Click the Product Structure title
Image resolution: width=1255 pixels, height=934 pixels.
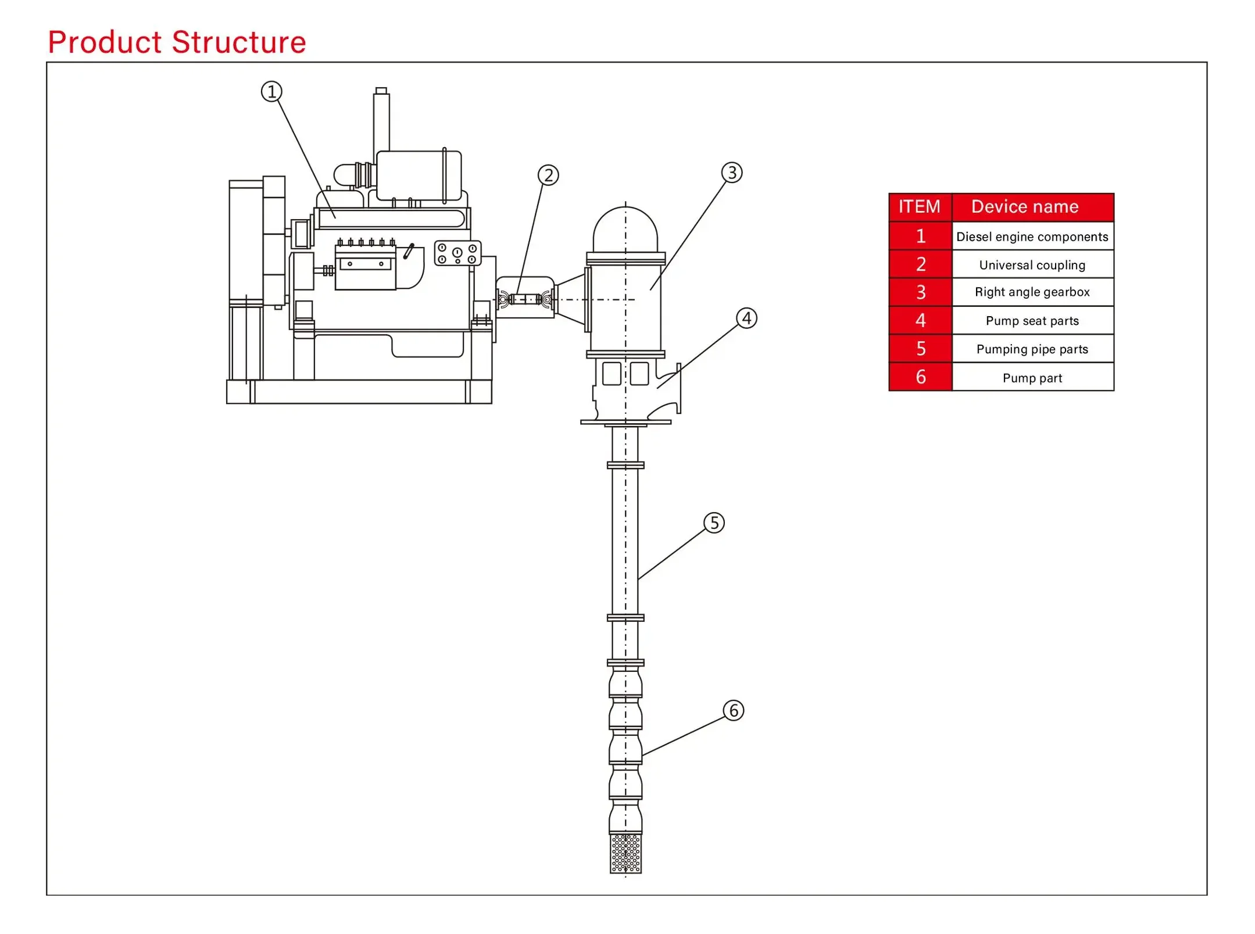click(177, 42)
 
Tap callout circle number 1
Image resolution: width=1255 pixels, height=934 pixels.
click(271, 92)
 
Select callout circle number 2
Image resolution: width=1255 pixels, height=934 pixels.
click(548, 175)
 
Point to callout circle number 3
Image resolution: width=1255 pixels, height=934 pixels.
click(732, 173)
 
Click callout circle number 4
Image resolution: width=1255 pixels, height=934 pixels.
click(746, 318)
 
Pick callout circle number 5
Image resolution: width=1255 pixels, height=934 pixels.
click(714, 523)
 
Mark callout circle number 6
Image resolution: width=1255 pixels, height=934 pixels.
click(734, 710)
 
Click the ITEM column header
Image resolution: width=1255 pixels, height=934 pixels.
click(920, 207)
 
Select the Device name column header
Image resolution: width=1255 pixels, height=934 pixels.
click(1025, 207)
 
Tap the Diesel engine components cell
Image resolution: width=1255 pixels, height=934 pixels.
click(1032, 237)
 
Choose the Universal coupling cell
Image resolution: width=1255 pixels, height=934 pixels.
click(1032, 265)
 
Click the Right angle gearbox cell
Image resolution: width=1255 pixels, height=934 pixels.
click(1032, 292)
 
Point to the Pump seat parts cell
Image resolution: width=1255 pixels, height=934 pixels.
click(1032, 321)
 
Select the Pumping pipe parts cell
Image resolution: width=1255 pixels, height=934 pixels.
click(1032, 349)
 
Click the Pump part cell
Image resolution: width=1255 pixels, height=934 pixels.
click(1032, 378)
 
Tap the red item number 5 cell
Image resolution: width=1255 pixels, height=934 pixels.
click(921, 349)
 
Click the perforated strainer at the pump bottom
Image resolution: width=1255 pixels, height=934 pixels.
click(625, 853)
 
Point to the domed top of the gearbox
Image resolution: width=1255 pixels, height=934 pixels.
click(625, 230)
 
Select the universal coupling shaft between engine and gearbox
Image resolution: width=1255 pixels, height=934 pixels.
click(525, 299)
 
